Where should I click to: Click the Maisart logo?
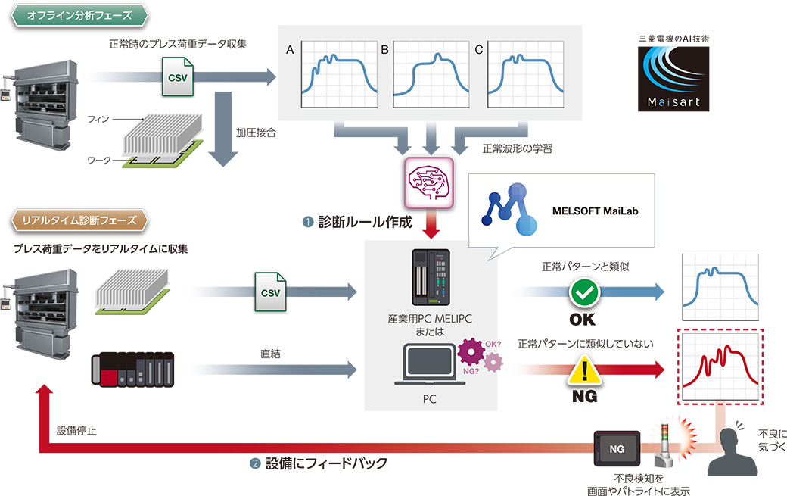point(674,80)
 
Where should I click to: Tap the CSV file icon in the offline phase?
point(179,77)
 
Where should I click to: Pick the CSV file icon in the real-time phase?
point(270,291)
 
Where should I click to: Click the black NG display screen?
point(617,449)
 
